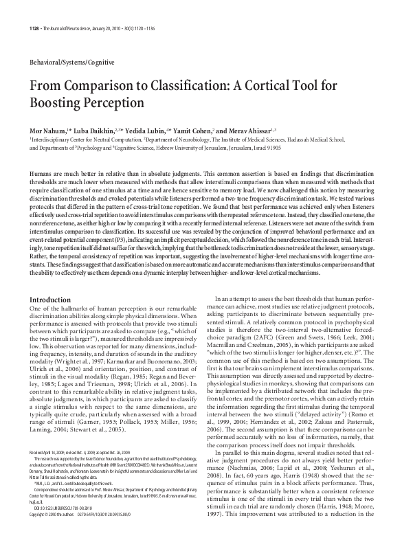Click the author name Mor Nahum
[x=49, y=129]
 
